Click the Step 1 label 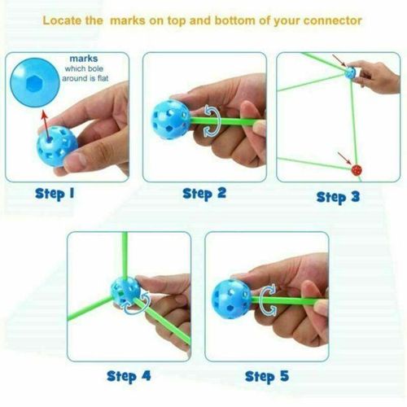(55, 194)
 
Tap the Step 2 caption (204, 194)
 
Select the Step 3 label (338, 197)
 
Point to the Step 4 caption (129, 377)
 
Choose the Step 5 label (267, 377)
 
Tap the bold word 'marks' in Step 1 (84, 59)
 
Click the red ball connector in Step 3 (357, 169)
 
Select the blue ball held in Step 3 (350, 72)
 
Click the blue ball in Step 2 (171, 120)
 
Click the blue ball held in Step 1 (56, 146)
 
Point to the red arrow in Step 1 (46, 125)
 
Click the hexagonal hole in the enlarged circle (33, 84)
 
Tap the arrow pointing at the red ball (344, 158)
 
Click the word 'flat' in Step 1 (103, 78)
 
